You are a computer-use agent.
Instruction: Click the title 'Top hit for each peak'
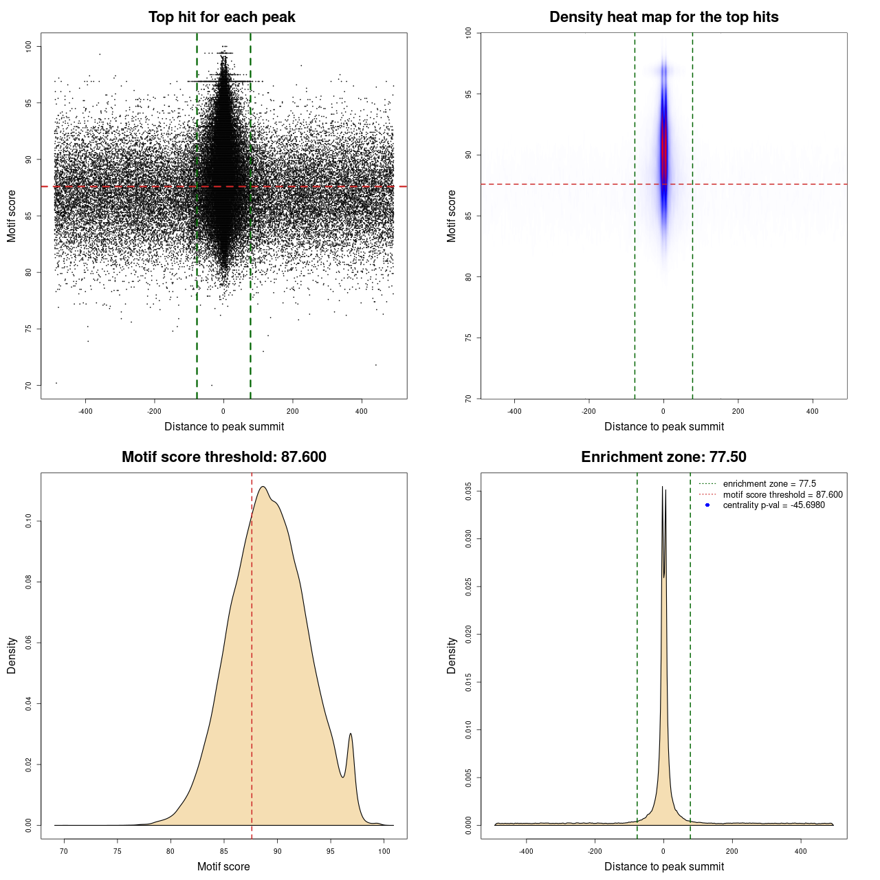(221, 17)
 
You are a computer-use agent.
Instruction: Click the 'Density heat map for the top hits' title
(663, 17)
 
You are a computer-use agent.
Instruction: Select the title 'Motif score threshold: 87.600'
(223, 457)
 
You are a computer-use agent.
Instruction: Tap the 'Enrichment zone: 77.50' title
(663, 457)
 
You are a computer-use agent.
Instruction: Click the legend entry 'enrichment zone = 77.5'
(769, 484)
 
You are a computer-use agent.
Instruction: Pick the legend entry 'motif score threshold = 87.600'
(782, 495)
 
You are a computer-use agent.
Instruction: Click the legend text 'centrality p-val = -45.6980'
(773, 505)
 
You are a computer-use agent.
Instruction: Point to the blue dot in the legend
(707, 505)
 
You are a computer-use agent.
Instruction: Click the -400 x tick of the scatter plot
(85, 412)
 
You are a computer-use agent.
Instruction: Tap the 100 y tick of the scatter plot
(28, 46)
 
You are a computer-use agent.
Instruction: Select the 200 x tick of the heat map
(738, 412)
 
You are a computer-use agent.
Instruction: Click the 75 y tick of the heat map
(468, 338)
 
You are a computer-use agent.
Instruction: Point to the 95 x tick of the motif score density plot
(331, 851)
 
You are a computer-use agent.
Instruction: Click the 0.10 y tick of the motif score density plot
(28, 522)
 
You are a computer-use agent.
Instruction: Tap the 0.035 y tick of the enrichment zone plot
(468, 492)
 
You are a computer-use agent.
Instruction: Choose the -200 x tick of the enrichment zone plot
(595, 851)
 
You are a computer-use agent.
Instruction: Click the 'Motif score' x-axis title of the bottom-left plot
(223, 866)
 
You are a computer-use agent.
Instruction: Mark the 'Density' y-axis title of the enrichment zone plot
(452, 655)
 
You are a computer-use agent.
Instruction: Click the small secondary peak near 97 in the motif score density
(351, 735)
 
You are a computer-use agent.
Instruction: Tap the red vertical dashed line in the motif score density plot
(252, 653)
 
